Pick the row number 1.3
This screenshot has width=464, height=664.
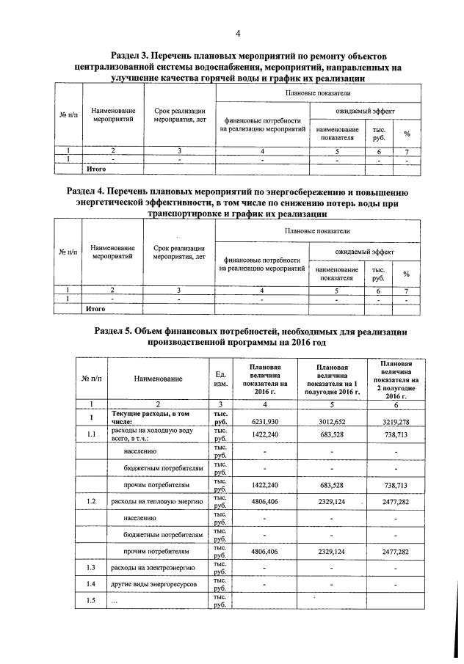[91, 567]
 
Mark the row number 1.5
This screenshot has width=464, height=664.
[91, 601]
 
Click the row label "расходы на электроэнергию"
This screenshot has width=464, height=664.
[151, 567]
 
